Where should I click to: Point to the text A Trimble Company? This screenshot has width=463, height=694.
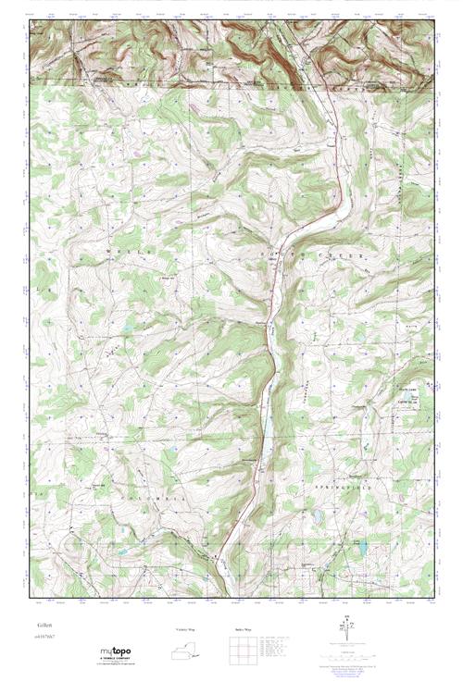click(x=117, y=660)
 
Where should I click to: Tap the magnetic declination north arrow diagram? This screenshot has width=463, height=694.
click(x=347, y=631)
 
